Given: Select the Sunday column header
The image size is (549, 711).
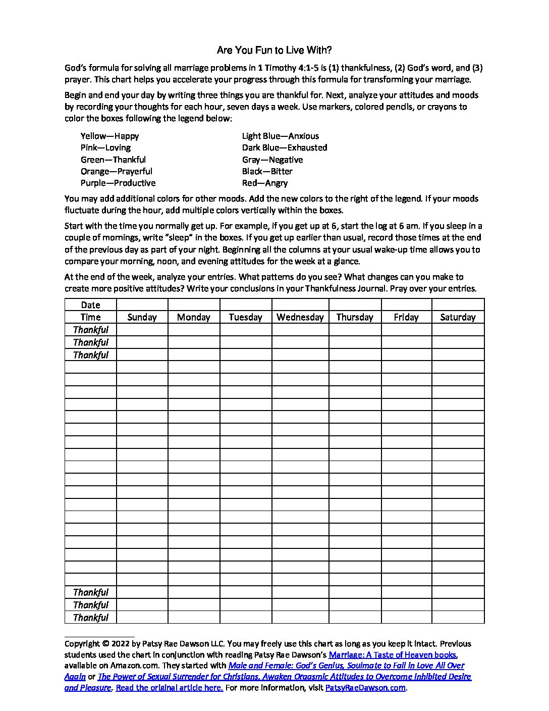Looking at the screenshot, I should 142,317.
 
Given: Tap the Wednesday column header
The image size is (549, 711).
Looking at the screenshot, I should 300,317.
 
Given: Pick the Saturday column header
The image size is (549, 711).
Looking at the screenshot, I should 458,317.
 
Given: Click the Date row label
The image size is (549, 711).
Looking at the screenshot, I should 90,305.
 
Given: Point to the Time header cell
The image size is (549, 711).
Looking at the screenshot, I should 90,317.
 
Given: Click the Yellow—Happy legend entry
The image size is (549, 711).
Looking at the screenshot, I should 109,136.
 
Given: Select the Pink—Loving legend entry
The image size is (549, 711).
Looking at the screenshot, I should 105,147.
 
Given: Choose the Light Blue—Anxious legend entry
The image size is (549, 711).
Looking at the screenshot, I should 280,136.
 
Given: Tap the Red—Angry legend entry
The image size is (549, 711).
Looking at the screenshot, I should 265,183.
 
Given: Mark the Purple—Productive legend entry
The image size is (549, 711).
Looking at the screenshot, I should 118,183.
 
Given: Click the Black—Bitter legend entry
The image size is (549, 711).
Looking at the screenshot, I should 267,171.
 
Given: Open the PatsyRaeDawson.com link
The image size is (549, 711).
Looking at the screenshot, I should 365,688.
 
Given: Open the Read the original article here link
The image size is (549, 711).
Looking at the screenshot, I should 170,688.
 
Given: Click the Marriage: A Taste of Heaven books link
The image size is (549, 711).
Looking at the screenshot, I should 393,655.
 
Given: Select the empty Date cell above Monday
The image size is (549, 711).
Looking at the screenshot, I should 194,304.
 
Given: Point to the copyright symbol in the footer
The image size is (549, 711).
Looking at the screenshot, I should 105,644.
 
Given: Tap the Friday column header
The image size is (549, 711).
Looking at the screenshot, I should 406,317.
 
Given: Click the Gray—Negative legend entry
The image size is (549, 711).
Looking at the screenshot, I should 272,160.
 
